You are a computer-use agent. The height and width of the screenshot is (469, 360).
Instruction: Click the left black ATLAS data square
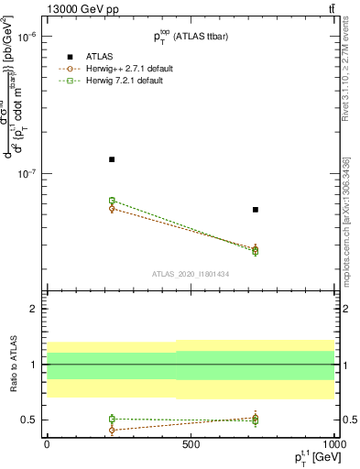pos(112,159)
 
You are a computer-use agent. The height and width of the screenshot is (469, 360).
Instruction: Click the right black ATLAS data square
pos(256,210)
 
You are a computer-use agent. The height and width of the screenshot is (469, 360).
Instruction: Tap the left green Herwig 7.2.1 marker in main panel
pos(112,200)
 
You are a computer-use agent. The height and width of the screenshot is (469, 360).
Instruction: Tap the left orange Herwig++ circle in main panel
pos(112,209)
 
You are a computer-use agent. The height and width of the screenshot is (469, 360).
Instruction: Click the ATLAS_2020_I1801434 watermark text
pos(191,274)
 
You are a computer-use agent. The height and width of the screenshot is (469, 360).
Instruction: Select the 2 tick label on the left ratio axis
pos(35,309)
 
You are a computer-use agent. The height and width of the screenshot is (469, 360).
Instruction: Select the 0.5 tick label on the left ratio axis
pos(31,420)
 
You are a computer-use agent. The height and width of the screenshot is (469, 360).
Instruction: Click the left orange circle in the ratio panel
pos(112,430)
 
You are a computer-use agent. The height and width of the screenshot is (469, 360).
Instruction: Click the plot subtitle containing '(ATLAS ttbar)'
pos(191,35)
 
